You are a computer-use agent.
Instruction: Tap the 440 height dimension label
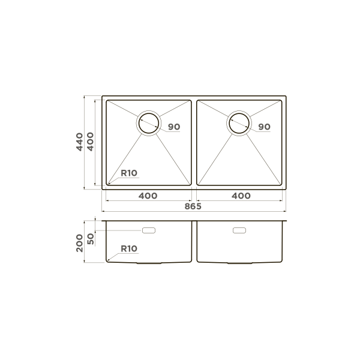pos(80,142)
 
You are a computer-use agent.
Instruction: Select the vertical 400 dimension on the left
pos(91,142)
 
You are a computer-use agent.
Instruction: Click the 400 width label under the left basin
pos(148,196)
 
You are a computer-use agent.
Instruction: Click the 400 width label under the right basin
pos(241,196)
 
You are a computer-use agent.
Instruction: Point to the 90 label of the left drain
pos(174,127)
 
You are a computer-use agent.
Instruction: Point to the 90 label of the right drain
pos(264,127)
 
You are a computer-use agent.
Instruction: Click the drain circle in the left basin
pos(148,122)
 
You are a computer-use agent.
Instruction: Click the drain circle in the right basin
pos(238,122)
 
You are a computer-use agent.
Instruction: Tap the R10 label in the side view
pos(129,248)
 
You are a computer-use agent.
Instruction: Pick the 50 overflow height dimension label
pos(91,238)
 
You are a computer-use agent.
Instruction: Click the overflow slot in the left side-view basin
pos(149,230)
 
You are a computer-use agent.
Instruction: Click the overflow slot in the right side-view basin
pos(239,230)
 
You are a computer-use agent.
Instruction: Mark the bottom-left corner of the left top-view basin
pos(107,184)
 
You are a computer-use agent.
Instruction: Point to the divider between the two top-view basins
pos(194,142)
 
